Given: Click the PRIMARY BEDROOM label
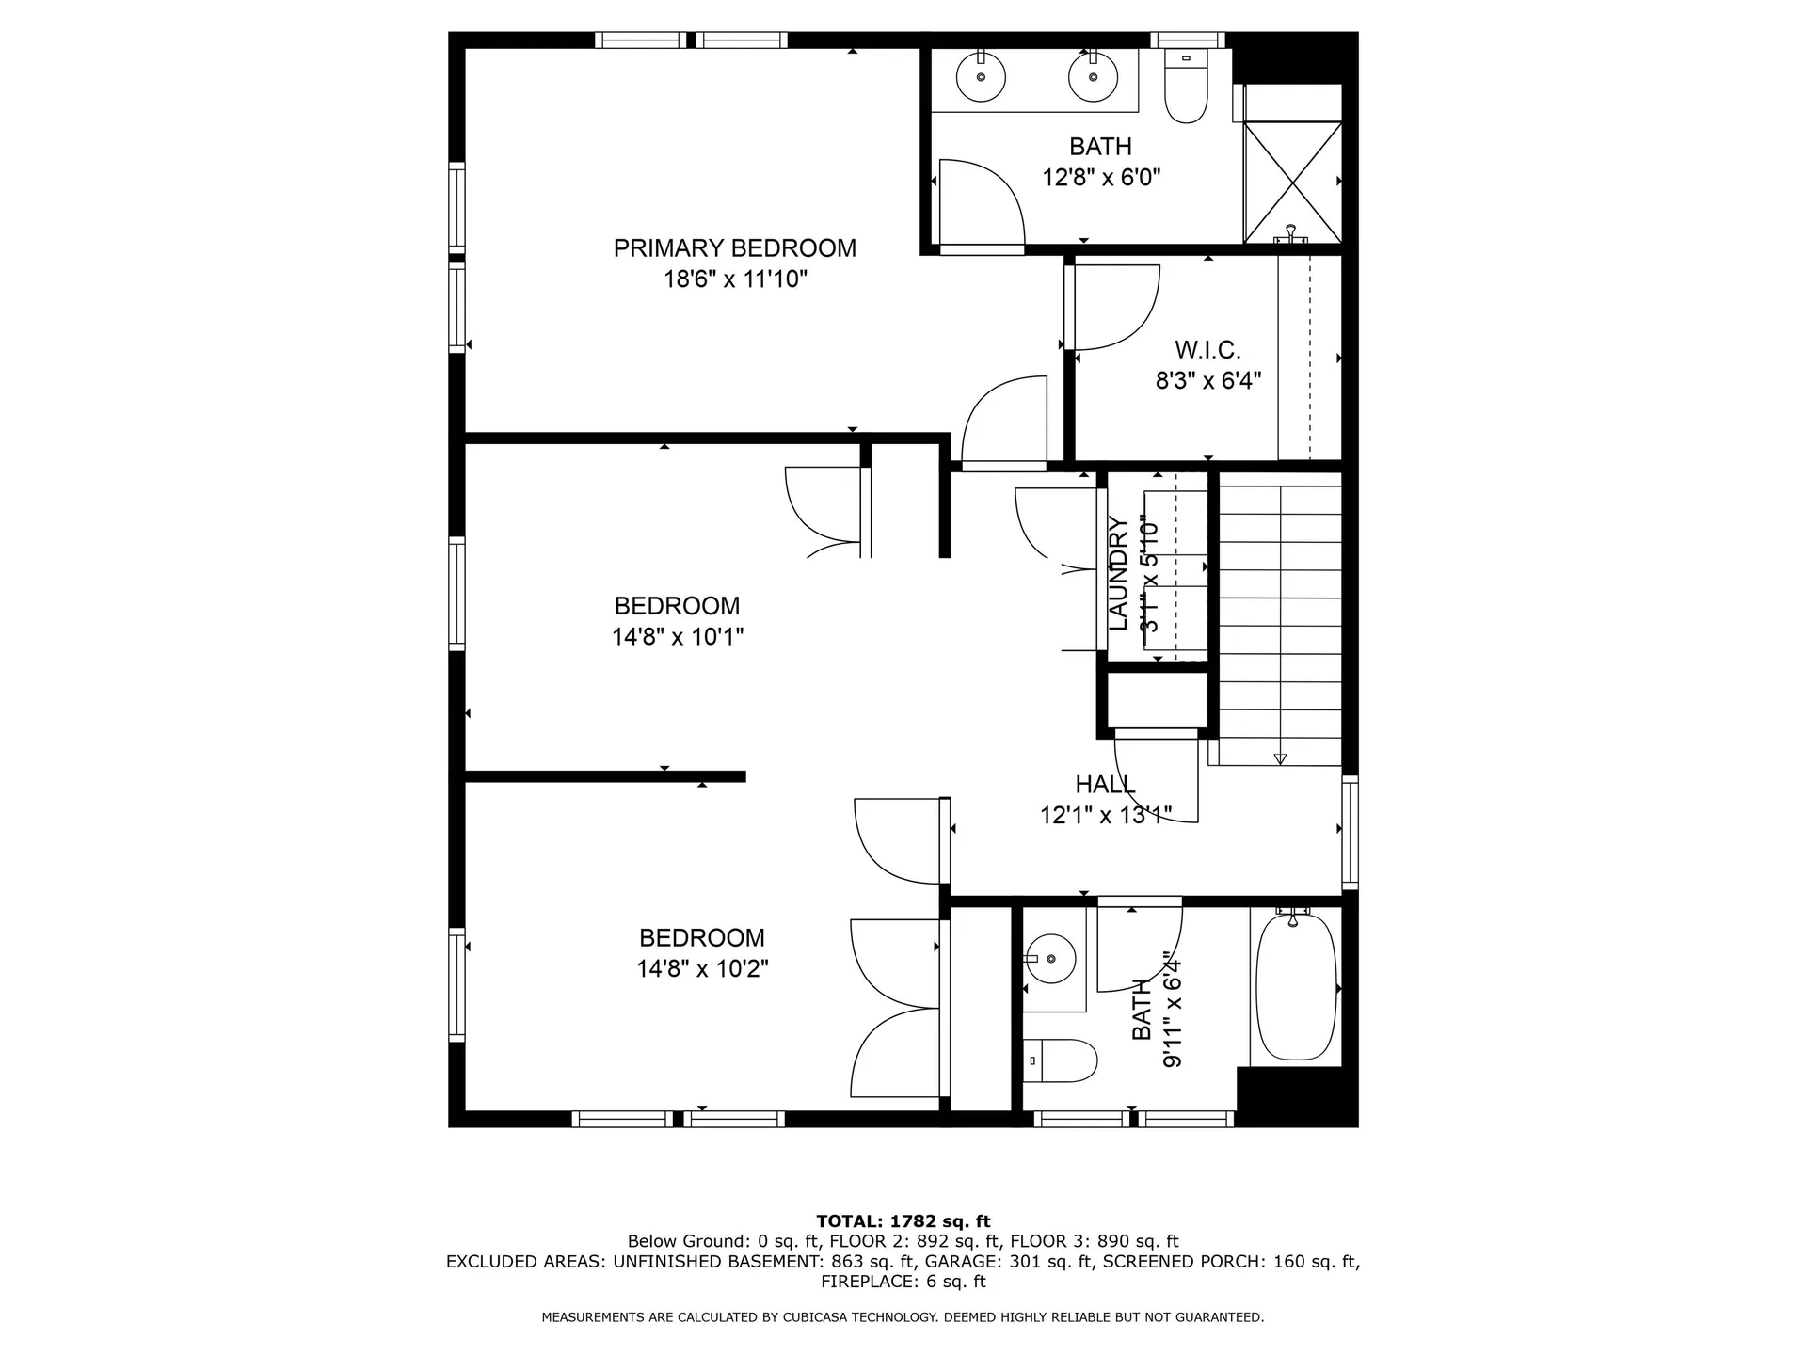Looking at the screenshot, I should coord(734,248).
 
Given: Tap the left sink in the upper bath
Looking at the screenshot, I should coord(981,77).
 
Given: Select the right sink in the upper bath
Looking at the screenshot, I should coord(1093,77).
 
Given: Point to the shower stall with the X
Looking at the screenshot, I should coord(1292,182).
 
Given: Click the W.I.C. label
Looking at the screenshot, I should coord(1207,351).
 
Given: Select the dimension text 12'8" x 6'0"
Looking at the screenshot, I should coord(1100,178).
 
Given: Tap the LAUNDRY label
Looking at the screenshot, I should coord(1118,574).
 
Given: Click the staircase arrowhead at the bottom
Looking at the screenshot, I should coord(1280,758).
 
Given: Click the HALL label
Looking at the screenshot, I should coord(1105,784).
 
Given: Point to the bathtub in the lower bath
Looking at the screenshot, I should coord(1296,987).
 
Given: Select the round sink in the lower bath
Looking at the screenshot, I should coord(1050,959).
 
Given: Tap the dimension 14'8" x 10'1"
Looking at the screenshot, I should coord(678,637).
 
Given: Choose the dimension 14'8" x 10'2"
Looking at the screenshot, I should coord(702,969).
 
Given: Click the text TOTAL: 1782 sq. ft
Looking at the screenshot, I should coord(903,1221).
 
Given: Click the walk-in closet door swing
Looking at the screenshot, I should coord(1115,306).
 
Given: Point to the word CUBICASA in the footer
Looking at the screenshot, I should coord(817,1317).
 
